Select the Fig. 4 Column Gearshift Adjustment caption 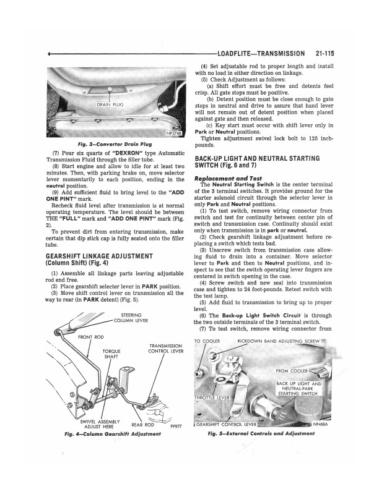coord(115,434)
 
